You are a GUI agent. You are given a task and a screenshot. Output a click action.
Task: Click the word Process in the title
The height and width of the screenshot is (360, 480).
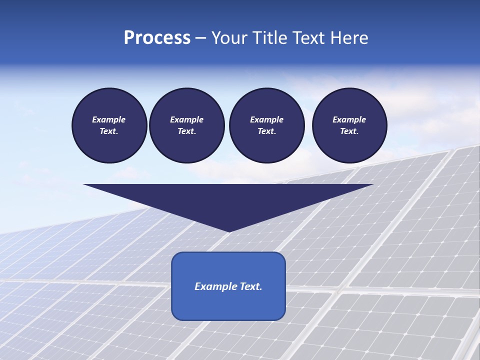point(157,38)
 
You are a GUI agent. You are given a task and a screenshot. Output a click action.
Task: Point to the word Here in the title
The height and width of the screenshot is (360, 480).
point(349,38)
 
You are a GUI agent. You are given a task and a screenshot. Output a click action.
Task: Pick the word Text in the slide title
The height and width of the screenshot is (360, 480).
point(309,38)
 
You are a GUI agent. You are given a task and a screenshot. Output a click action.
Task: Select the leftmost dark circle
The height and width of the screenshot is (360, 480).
point(109,125)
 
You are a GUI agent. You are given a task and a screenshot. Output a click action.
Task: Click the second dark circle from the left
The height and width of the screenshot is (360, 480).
point(186,125)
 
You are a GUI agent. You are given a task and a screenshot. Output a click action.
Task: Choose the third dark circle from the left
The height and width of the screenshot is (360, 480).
point(266,125)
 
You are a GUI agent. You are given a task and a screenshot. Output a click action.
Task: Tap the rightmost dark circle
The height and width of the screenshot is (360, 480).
point(349,125)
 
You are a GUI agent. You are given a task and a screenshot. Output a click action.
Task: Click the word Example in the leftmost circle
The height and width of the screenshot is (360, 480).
point(109,119)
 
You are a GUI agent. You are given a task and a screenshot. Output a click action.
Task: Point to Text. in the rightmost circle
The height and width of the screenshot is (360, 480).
point(349,131)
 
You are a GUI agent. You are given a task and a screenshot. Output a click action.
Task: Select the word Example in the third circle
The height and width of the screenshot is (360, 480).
point(266,119)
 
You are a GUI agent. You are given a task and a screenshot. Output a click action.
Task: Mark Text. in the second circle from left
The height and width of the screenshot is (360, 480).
point(186,131)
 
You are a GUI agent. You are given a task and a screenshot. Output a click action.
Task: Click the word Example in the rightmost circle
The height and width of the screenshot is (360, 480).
point(349,119)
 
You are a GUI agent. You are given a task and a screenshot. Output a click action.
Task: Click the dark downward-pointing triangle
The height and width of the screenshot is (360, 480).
point(228,200)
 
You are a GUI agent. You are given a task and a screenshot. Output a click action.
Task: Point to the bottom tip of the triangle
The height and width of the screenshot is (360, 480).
point(229,230)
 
